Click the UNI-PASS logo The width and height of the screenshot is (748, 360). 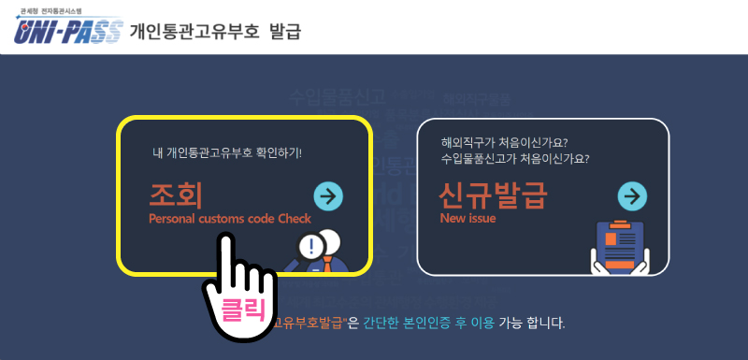67,34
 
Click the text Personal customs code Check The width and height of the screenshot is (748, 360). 229,219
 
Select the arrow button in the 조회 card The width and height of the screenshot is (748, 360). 328,195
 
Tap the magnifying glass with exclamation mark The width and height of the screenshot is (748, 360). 310,248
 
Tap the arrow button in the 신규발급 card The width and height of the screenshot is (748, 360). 633,196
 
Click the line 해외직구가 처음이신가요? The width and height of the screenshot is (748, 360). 505,143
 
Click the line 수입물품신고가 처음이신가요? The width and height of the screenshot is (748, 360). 521,158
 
